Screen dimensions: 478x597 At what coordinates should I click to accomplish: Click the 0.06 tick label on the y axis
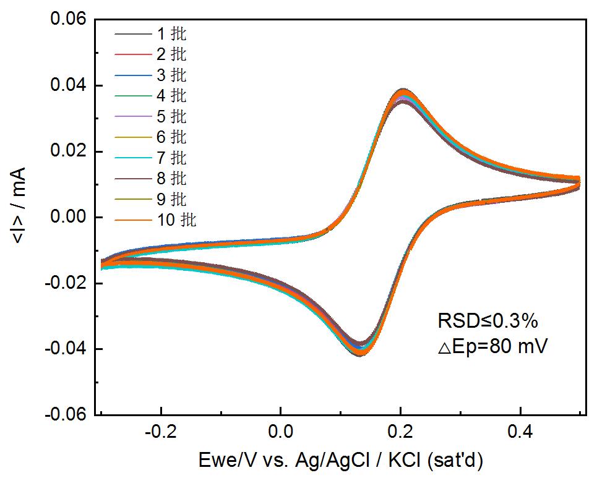[68, 20]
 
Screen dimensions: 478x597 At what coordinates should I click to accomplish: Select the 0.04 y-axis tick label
[68, 85]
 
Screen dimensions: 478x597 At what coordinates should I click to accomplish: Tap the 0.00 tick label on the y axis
[68, 217]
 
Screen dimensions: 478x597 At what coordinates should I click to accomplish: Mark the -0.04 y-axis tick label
[66, 349]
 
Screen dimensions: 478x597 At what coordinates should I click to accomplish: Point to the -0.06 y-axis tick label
[66, 414]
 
